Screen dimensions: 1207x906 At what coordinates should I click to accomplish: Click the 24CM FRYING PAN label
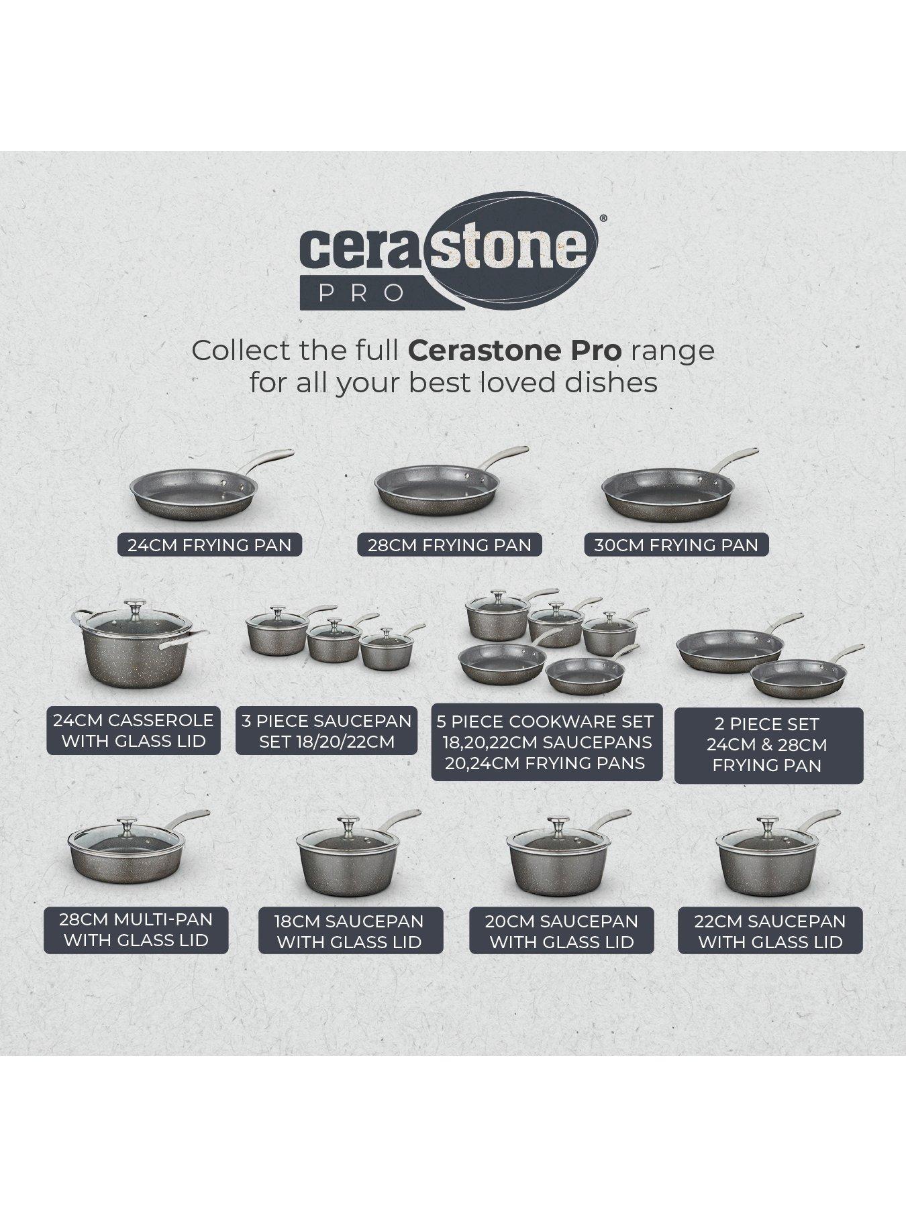[x=209, y=544]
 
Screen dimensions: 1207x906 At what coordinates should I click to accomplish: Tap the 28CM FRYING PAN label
[x=449, y=545]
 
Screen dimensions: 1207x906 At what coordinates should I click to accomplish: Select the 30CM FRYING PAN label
[x=676, y=544]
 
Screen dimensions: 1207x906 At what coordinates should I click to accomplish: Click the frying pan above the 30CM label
[x=664, y=497]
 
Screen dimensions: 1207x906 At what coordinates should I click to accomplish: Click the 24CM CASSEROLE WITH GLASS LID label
[x=133, y=730]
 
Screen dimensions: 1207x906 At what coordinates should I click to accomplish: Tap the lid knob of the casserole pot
[x=137, y=608]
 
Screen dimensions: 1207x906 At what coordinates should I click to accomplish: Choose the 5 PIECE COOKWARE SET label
[x=546, y=742]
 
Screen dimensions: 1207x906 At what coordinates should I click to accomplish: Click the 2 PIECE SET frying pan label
[x=768, y=745]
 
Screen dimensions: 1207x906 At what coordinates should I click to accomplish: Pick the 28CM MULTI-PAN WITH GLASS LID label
[x=136, y=929]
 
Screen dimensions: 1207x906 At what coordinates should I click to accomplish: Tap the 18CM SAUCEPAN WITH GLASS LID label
[x=350, y=931]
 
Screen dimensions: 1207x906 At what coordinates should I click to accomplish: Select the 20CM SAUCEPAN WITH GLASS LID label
[x=561, y=931]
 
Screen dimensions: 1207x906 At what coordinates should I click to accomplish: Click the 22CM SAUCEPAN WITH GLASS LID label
[x=770, y=931]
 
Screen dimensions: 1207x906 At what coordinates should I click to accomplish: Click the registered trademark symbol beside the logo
[x=603, y=218]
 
